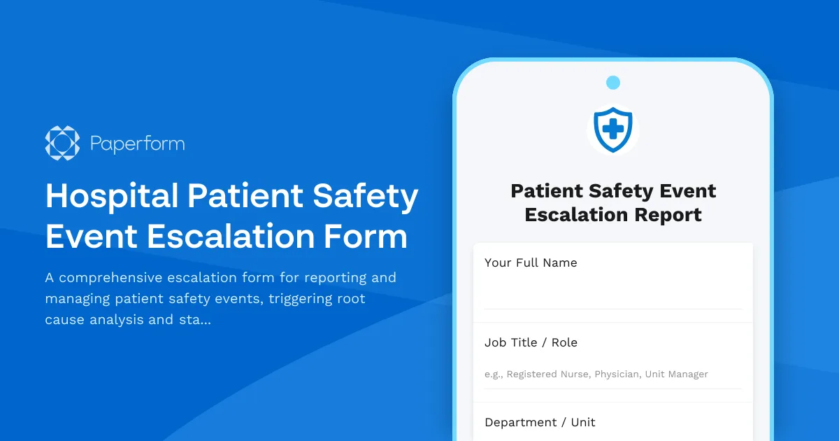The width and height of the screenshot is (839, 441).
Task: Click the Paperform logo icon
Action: pyautogui.click(x=62, y=143)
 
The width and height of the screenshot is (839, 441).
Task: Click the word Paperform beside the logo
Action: pyautogui.click(x=138, y=144)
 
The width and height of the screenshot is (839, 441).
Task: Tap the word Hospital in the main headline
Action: pyautogui.click(x=111, y=197)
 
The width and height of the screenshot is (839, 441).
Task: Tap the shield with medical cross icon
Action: pyautogui.click(x=612, y=129)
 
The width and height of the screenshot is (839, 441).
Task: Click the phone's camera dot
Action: pyautogui.click(x=613, y=83)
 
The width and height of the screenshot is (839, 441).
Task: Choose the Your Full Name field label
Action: pyautogui.click(x=531, y=263)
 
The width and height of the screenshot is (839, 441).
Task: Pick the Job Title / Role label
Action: pyautogui.click(x=531, y=342)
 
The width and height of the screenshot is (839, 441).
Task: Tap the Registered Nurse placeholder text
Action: pyautogui.click(x=547, y=374)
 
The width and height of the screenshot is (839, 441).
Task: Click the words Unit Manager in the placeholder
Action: pyautogui.click(x=676, y=374)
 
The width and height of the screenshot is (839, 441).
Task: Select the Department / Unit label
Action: pyautogui.click(x=540, y=422)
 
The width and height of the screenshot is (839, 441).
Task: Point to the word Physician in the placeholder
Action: pyautogui.click(x=617, y=374)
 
